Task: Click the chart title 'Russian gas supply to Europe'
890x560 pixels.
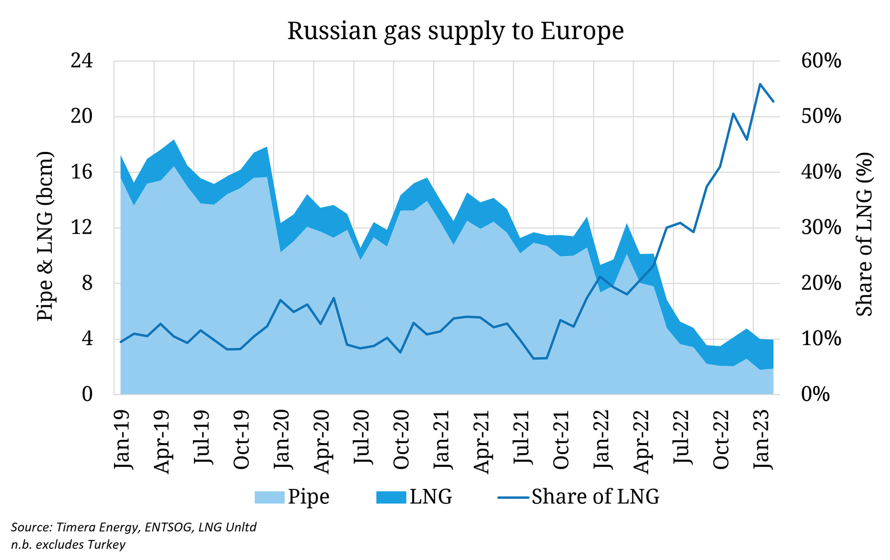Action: (455, 31)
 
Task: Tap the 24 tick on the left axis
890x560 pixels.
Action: (82, 61)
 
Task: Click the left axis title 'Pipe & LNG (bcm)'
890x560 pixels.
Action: (45, 237)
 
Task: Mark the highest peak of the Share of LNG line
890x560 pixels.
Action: (760, 84)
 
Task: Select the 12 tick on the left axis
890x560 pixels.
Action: (82, 228)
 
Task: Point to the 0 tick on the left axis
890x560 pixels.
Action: (87, 395)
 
